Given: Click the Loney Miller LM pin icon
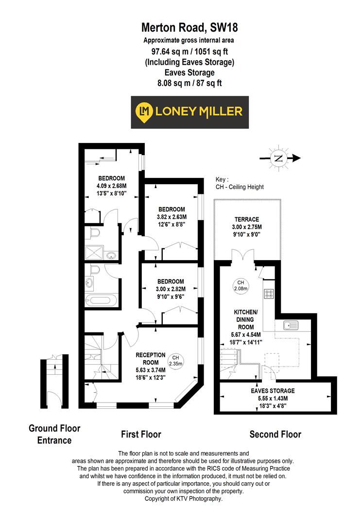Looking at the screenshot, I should coord(143,111).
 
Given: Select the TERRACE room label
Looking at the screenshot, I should coord(247,219).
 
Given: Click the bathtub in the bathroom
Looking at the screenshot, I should coord(101,300).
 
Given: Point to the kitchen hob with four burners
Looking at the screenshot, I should coord(269,294).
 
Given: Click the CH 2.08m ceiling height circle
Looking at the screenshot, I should coord(240,286).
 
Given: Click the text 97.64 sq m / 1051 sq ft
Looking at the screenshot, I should coord(180,52).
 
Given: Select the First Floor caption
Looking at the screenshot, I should coord(141,434).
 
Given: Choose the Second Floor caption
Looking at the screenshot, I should coord(275,434).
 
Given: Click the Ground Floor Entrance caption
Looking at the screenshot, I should coord(54,434).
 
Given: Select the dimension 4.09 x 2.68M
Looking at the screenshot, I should coord(112,185).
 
